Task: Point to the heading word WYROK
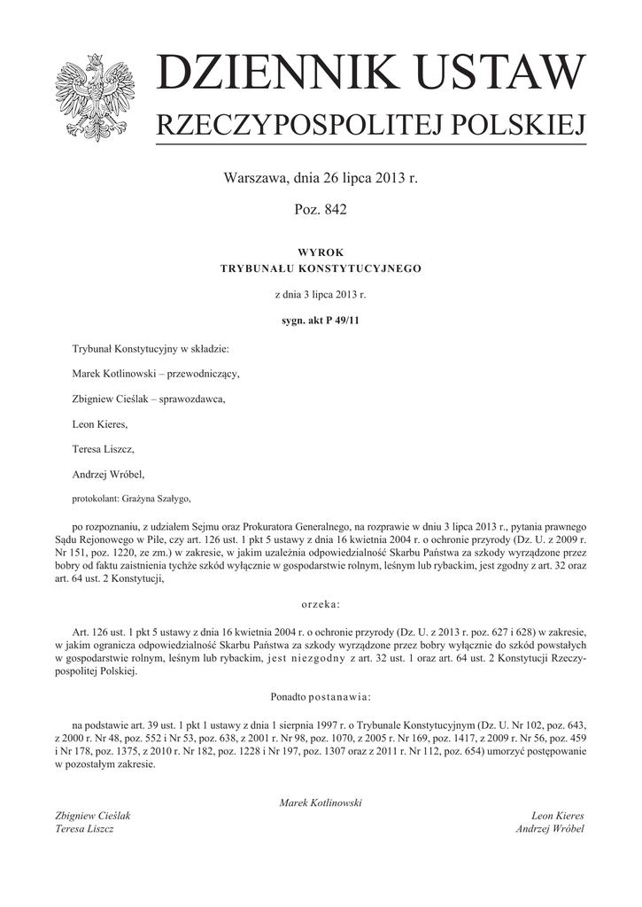tap(321, 252)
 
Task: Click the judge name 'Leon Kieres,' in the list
tap(100, 424)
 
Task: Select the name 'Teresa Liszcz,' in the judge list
tap(103, 449)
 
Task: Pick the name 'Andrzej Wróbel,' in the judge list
tap(107, 474)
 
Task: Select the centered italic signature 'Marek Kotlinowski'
tap(321, 802)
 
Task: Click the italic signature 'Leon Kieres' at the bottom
tap(557, 816)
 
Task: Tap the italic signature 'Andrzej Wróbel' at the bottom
tap(549, 829)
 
